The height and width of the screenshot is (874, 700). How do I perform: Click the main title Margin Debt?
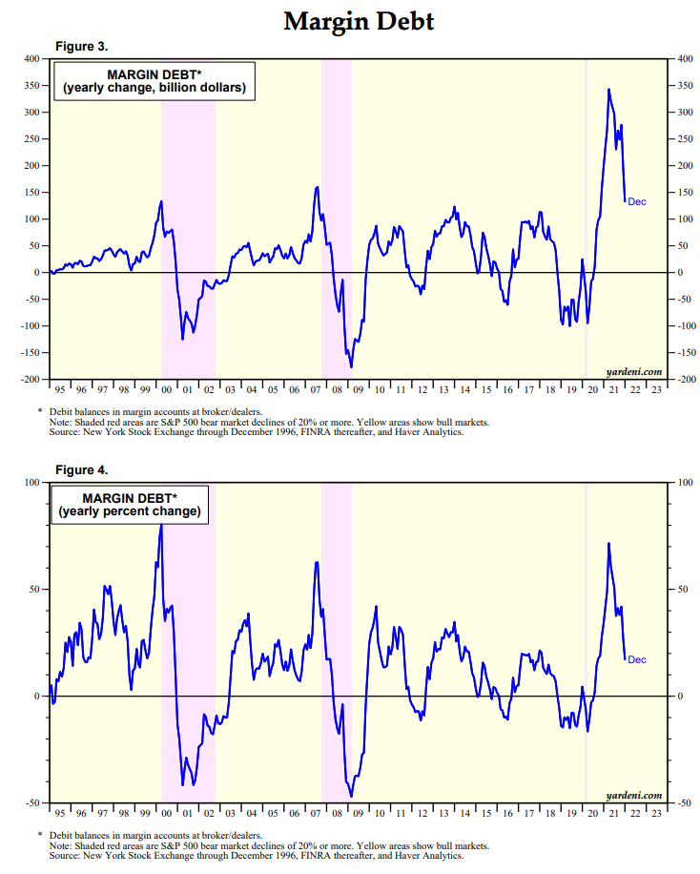pyautogui.click(x=359, y=21)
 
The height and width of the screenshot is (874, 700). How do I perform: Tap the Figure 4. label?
pyautogui.click(x=81, y=470)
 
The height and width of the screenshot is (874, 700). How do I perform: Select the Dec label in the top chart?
pyautogui.click(x=637, y=201)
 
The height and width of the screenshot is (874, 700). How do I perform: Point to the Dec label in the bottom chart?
pyautogui.click(x=637, y=659)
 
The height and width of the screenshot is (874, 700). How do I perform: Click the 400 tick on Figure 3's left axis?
pyautogui.click(x=31, y=59)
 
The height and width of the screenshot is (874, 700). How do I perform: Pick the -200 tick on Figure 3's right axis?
pyautogui.click(x=684, y=380)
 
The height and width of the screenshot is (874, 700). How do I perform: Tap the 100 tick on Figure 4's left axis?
pyautogui.click(x=31, y=483)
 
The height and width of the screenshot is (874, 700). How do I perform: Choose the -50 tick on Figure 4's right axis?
pyautogui.click(x=682, y=803)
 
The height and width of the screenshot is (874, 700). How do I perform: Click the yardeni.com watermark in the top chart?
pyautogui.click(x=634, y=371)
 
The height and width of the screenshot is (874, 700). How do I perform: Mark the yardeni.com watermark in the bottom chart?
pyautogui.click(x=634, y=795)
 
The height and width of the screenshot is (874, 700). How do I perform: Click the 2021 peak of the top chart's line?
pyautogui.click(x=609, y=90)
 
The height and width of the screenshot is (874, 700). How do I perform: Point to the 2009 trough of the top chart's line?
pyautogui.click(x=351, y=366)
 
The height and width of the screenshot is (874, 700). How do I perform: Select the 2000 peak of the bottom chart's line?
pyautogui.click(x=160, y=524)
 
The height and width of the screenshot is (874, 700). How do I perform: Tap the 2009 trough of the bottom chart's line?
pyautogui.click(x=351, y=796)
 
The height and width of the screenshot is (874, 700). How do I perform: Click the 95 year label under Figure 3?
pyautogui.click(x=60, y=389)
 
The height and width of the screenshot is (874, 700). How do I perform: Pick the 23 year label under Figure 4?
pyautogui.click(x=655, y=813)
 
